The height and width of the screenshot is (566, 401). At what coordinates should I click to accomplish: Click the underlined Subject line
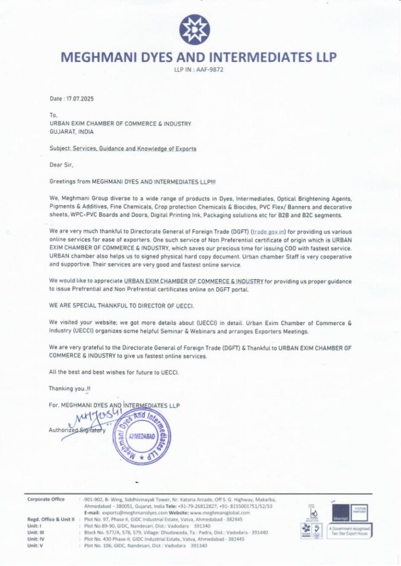click(122, 149)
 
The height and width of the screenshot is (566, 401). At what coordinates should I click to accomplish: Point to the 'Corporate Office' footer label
click(46, 500)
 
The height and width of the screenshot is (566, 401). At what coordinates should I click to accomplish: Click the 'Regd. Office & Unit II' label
click(51, 520)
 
